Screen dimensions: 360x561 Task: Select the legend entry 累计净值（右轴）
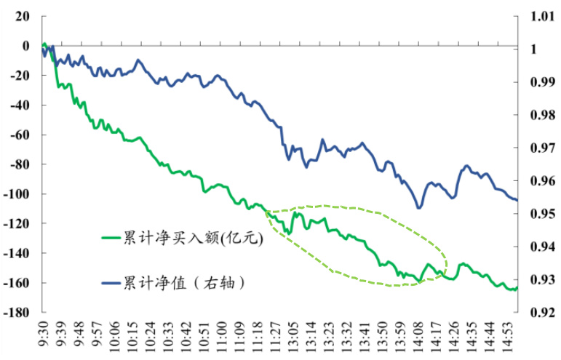[181, 281]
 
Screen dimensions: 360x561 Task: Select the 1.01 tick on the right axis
[534, 16]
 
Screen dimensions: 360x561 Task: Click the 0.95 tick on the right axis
[534, 215]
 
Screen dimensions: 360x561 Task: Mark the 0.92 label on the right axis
[534, 313]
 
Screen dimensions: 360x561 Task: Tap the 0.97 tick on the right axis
[534, 148]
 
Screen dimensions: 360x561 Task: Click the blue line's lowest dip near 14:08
[419, 208]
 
